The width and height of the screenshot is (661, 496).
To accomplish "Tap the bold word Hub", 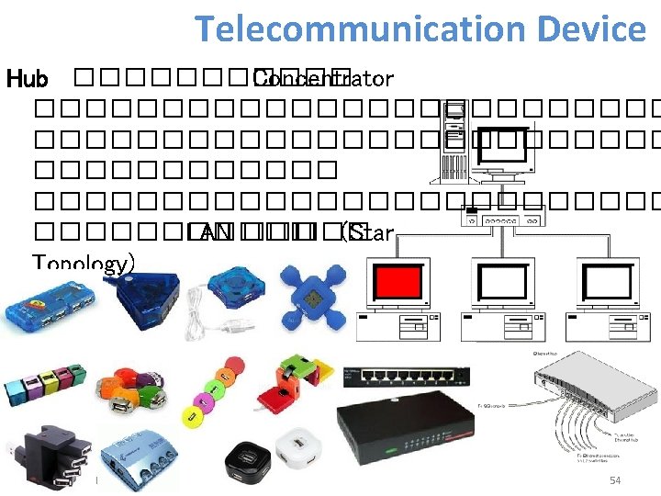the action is [x=27, y=80].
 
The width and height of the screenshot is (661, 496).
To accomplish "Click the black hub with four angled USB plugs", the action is [x=45, y=455].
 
